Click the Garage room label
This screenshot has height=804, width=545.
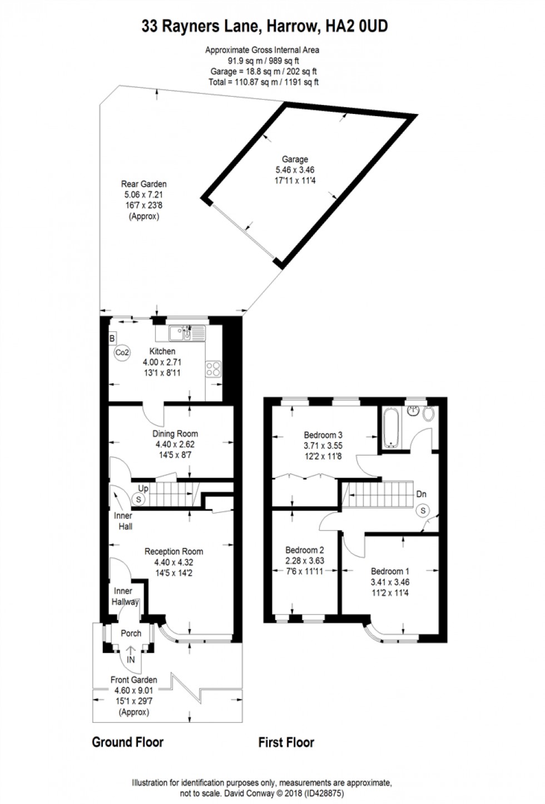(x=295, y=159)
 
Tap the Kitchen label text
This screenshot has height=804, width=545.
(x=162, y=351)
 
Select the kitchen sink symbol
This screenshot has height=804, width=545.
(x=181, y=333)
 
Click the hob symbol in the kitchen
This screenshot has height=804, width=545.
(x=214, y=369)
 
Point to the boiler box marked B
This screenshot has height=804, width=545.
(x=112, y=338)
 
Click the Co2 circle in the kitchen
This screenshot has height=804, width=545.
(x=122, y=352)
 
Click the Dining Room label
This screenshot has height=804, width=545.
(x=175, y=434)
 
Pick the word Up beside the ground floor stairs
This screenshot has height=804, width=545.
(x=143, y=488)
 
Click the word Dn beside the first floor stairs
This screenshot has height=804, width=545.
(x=421, y=494)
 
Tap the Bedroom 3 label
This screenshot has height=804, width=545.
(x=323, y=435)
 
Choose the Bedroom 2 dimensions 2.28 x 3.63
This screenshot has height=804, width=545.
(x=304, y=561)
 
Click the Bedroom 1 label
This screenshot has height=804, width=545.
(x=390, y=571)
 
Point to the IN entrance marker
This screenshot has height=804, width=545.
(x=131, y=660)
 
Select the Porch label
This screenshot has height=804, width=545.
(x=131, y=633)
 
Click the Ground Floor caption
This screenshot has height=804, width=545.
(x=127, y=742)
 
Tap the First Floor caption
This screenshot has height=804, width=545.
(x=286, y=742)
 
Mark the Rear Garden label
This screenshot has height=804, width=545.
(x=143, y=184)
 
